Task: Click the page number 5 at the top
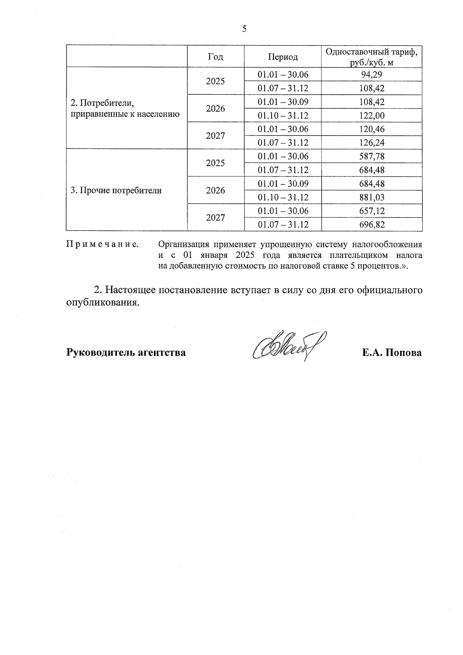pos(244,29)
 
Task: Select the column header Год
pos(215,57)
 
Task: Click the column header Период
pos(283,57)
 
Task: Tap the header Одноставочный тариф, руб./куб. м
pos(371,57)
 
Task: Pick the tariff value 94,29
pos(371,74)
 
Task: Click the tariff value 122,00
pos(371,115)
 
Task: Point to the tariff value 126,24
pos(371,142)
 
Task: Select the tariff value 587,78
pos(371,156)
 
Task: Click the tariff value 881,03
pos(371,197)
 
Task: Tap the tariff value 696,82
pos(371,225)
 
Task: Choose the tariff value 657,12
pos(371,211)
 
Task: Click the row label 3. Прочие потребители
pos(116,190)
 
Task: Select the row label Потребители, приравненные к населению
pos(125,109)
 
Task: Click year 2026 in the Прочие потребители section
pos(215,190)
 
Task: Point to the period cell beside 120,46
pos(283,129)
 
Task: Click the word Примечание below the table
pos(103,244)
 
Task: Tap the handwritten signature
pos(287,345)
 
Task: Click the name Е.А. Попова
pos(391,352)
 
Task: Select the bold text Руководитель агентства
pos(126,352)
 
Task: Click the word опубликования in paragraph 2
pos(102,303)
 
